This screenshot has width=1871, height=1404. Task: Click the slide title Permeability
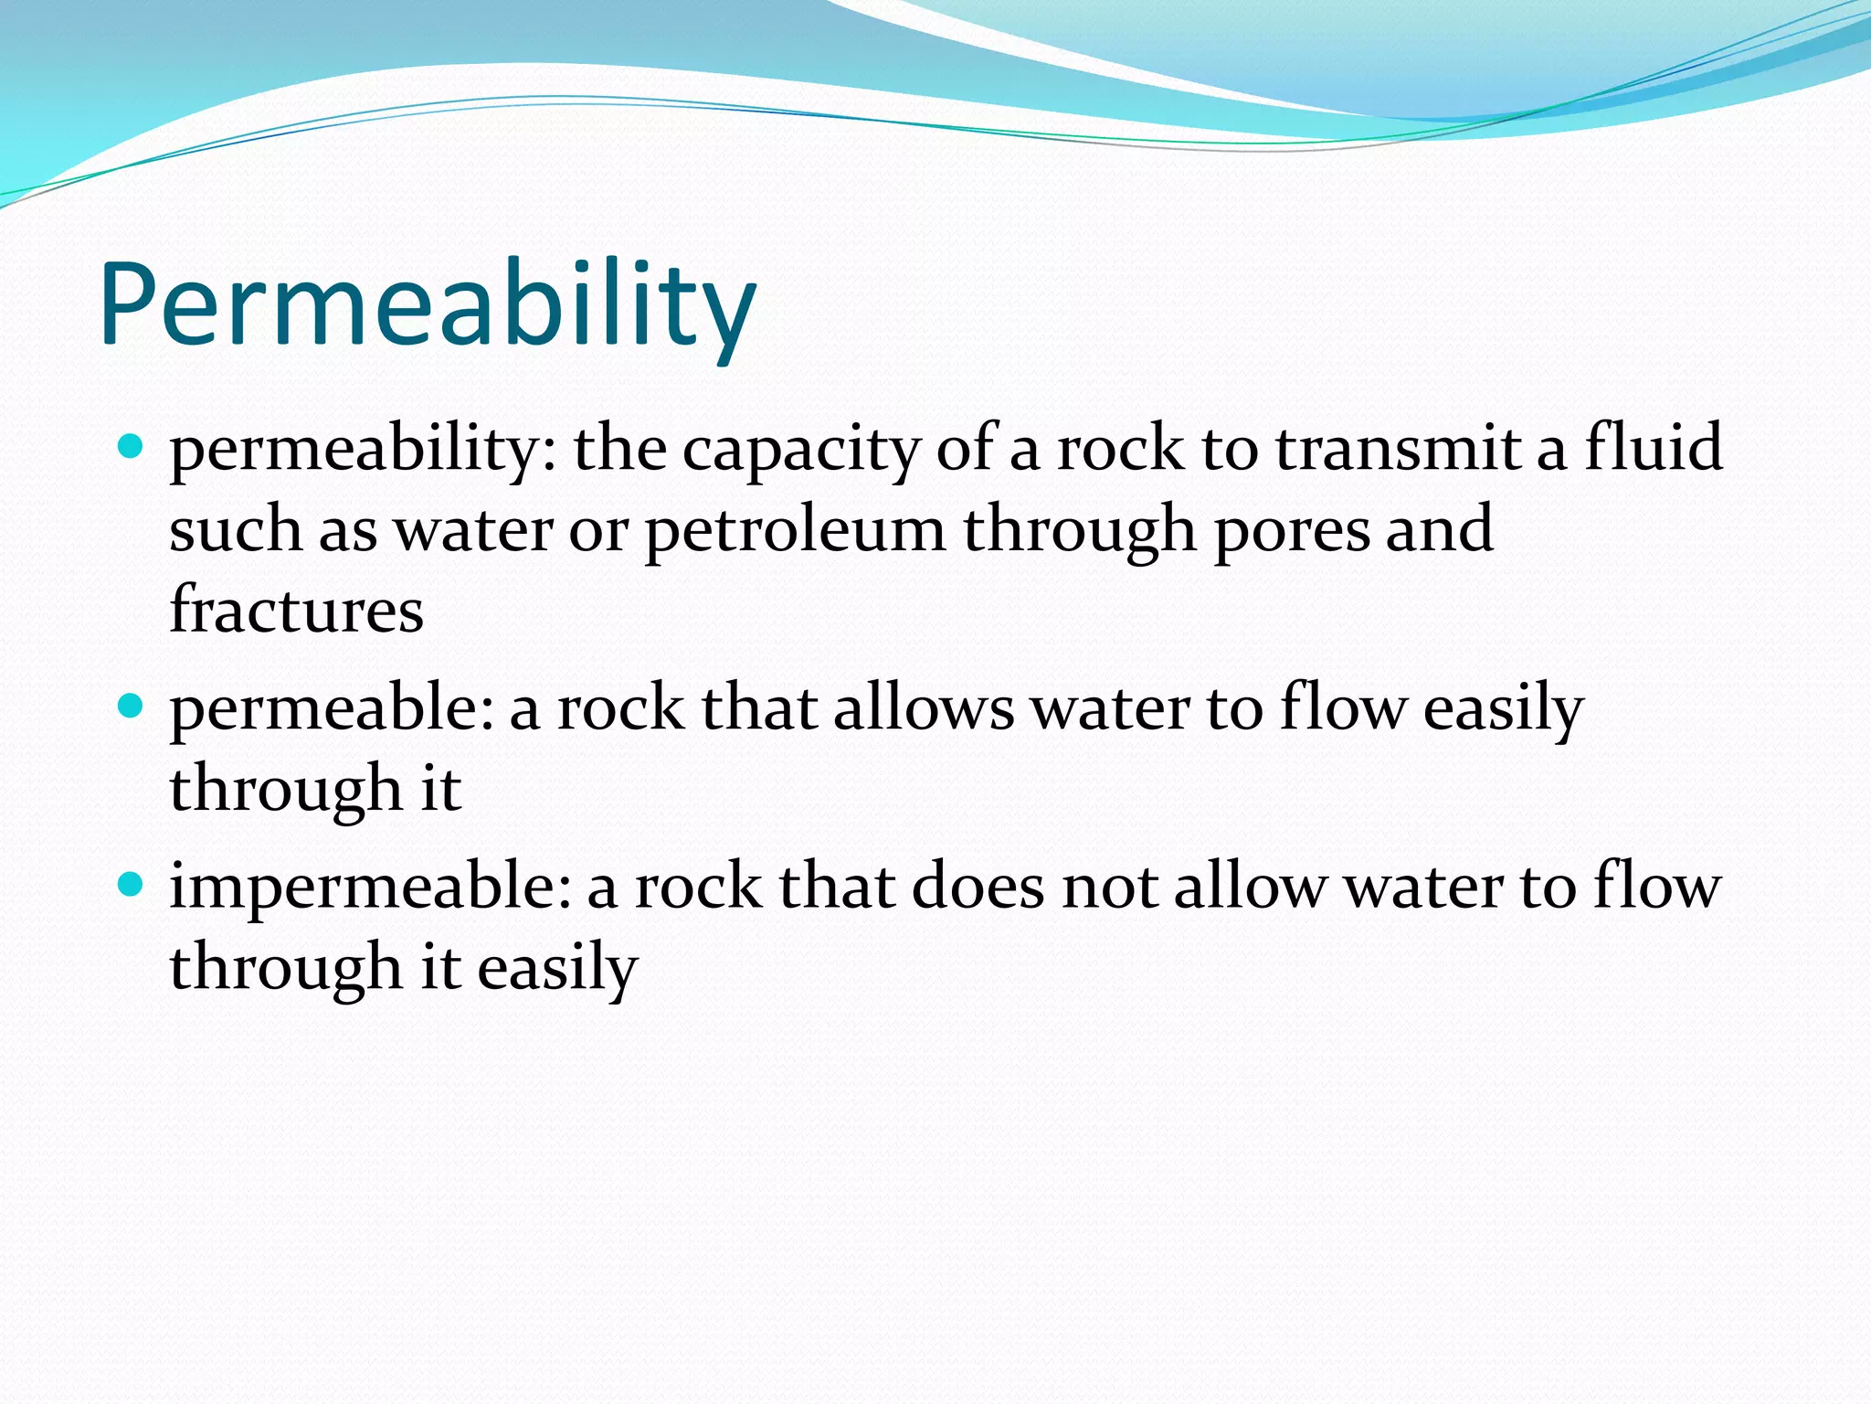[x=428, y=304]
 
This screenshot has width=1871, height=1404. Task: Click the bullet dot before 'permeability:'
[x=132, y=448]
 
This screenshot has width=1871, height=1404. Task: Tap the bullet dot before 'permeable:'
[x=132, y=707]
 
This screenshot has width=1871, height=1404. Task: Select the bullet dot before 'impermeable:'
[x=132, y=885]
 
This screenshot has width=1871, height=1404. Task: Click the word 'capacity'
[x=801, y=451]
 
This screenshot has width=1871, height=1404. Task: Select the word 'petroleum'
[x=795, y=530]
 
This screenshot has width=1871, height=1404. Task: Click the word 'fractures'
[x=296, y=610]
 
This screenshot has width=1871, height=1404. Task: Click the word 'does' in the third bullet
[x=978, y=887]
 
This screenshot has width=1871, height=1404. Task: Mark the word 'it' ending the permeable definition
[x=440, y=789]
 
